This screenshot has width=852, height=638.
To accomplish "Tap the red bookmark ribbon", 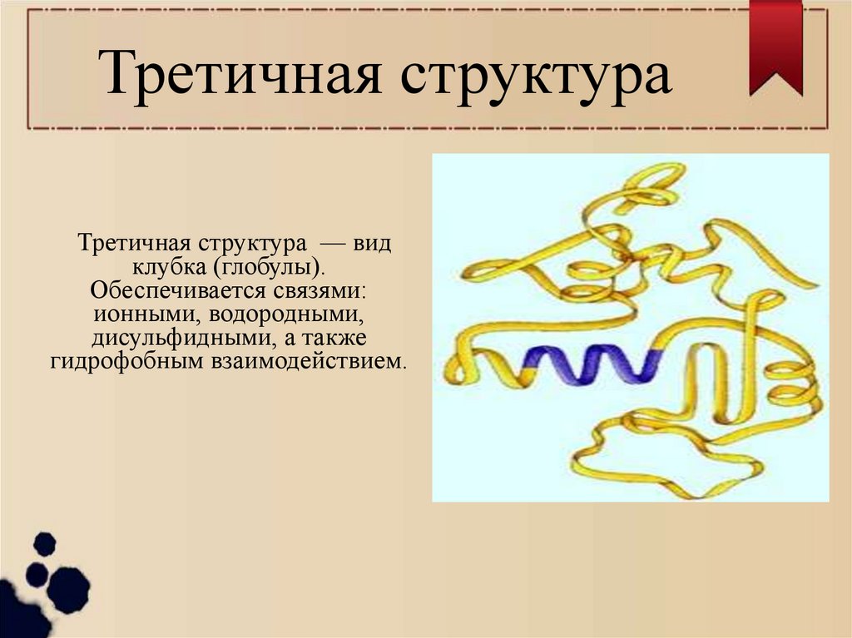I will point(775,46).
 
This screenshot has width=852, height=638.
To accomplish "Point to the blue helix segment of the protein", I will point(592,365).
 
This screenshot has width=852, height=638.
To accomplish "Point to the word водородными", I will point(288,315).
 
